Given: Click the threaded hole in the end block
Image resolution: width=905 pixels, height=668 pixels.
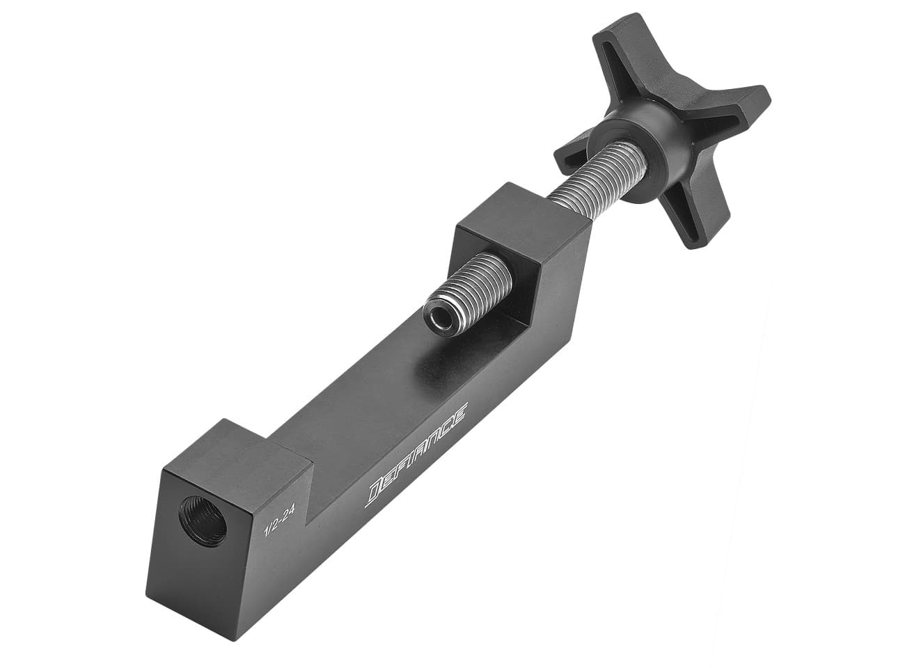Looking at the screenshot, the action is coord(203,520).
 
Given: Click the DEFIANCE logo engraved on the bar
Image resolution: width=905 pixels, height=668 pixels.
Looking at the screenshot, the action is coord(416,456).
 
